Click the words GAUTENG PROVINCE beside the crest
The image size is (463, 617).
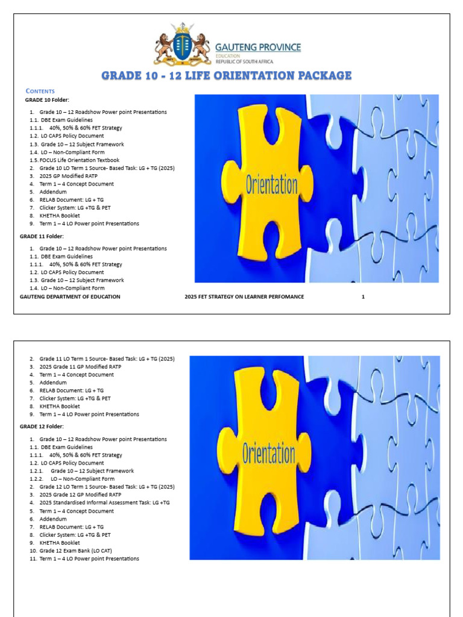(259, 47)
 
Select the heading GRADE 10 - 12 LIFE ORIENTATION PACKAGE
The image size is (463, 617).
(226, 76)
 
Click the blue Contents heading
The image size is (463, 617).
(40, 91)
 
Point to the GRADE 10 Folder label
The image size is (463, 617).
(48, 99)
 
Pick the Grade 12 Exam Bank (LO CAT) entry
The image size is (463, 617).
(76, 551)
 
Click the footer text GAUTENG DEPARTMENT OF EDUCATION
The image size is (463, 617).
(70, 296)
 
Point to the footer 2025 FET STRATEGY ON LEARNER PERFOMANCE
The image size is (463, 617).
(244, 296)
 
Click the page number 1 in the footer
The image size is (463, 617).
(363, 296)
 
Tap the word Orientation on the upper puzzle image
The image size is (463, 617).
(271, 184)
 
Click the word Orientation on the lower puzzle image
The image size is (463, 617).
(269, 453)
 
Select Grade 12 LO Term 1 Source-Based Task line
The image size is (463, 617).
(107, 487)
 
